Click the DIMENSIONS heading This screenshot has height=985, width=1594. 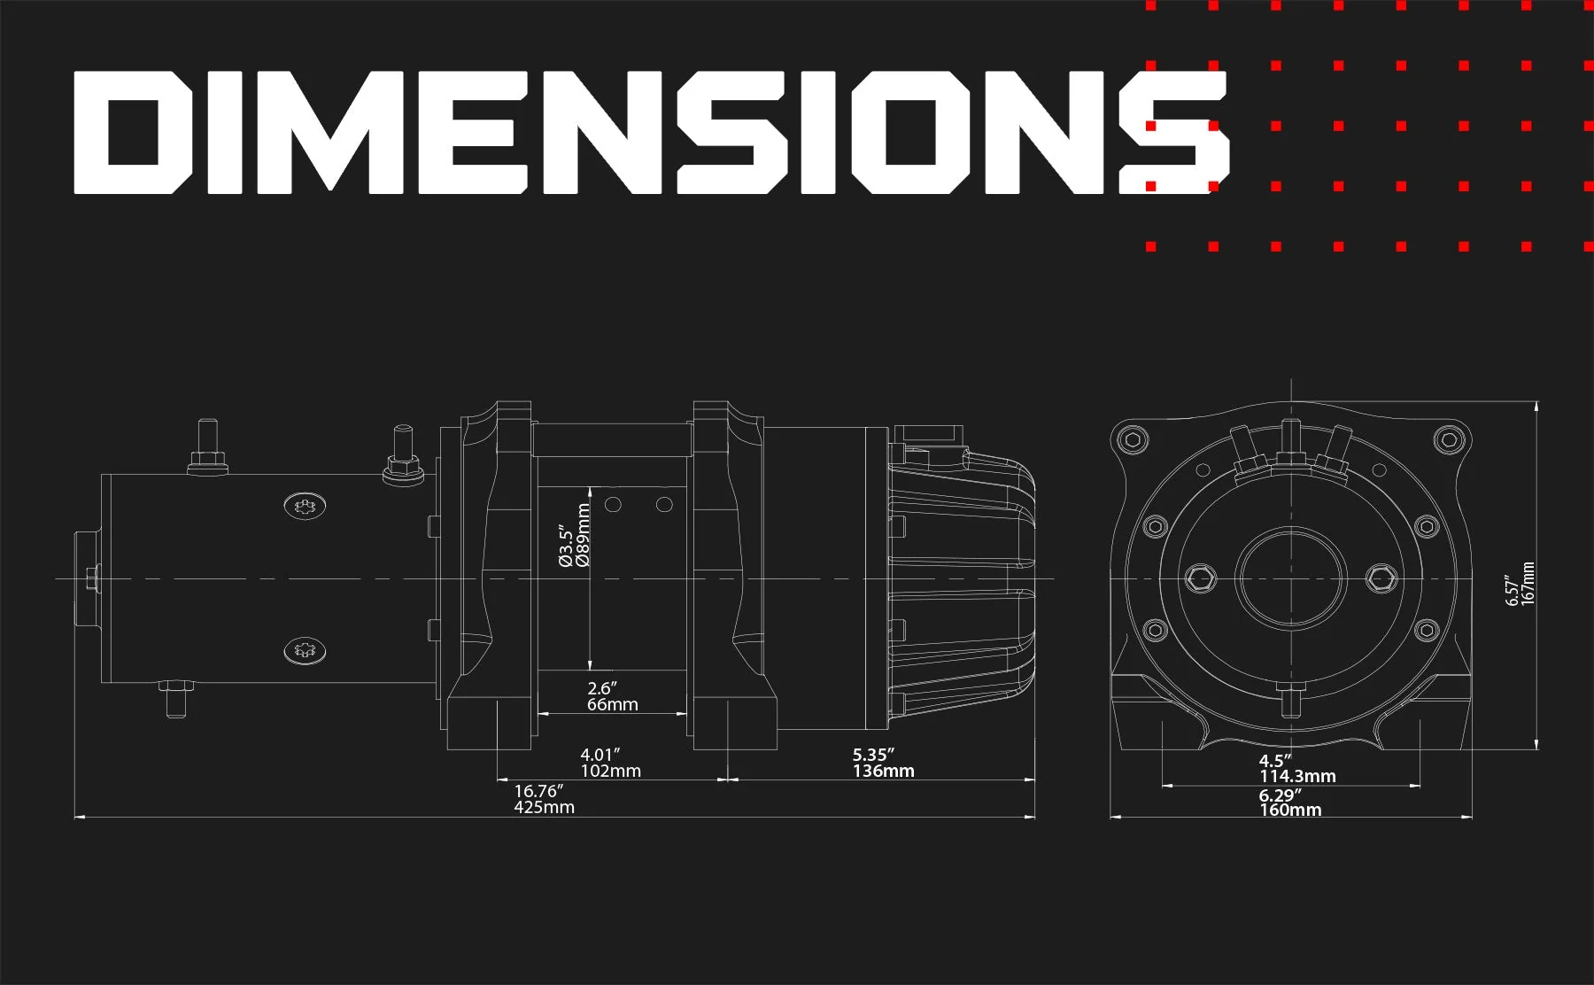click(651, 132)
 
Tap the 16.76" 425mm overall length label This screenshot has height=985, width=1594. click(544, 799)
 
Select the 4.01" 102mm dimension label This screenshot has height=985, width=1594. click(610, 763)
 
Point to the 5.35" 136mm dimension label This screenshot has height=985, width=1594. click(883, 763)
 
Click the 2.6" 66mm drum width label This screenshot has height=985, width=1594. click(612, 696)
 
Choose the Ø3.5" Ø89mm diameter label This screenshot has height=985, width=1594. click(574, 535)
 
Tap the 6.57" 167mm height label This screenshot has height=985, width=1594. click(1520, 584)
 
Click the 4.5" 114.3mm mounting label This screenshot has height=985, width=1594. click(1297, 768)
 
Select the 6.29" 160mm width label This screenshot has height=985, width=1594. click(1289, 803)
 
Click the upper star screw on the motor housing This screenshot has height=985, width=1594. click(305, 507)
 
